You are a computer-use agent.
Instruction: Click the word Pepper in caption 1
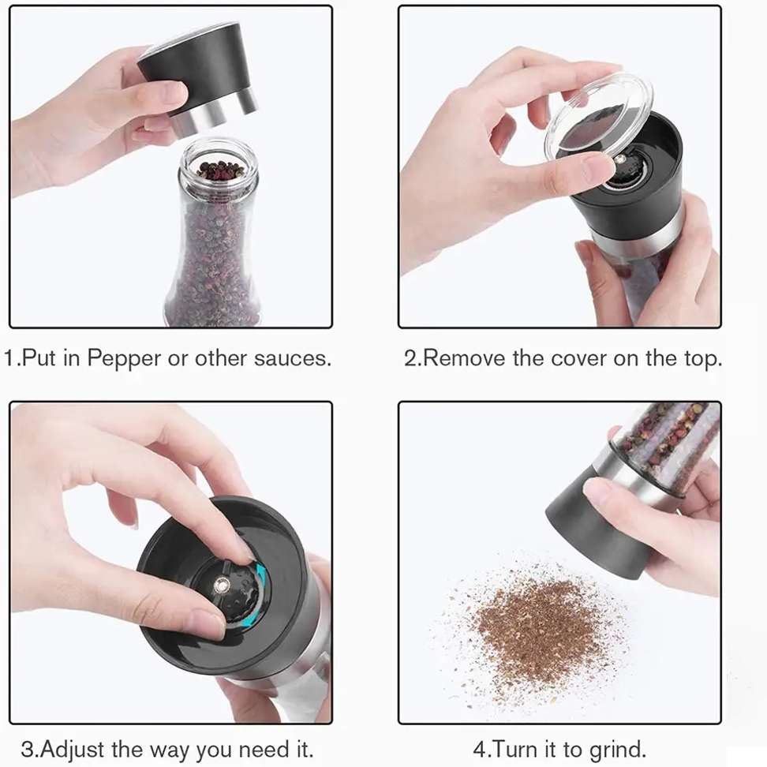tap(124, 358)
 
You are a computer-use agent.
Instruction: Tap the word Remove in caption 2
tap(464, 358)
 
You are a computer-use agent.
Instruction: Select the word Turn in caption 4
tap(516, 750)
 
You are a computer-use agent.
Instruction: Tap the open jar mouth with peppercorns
tap(219, 166)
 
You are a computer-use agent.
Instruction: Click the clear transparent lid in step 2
tap(598, 118)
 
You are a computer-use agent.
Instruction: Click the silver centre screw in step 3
tap(221, 584)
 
